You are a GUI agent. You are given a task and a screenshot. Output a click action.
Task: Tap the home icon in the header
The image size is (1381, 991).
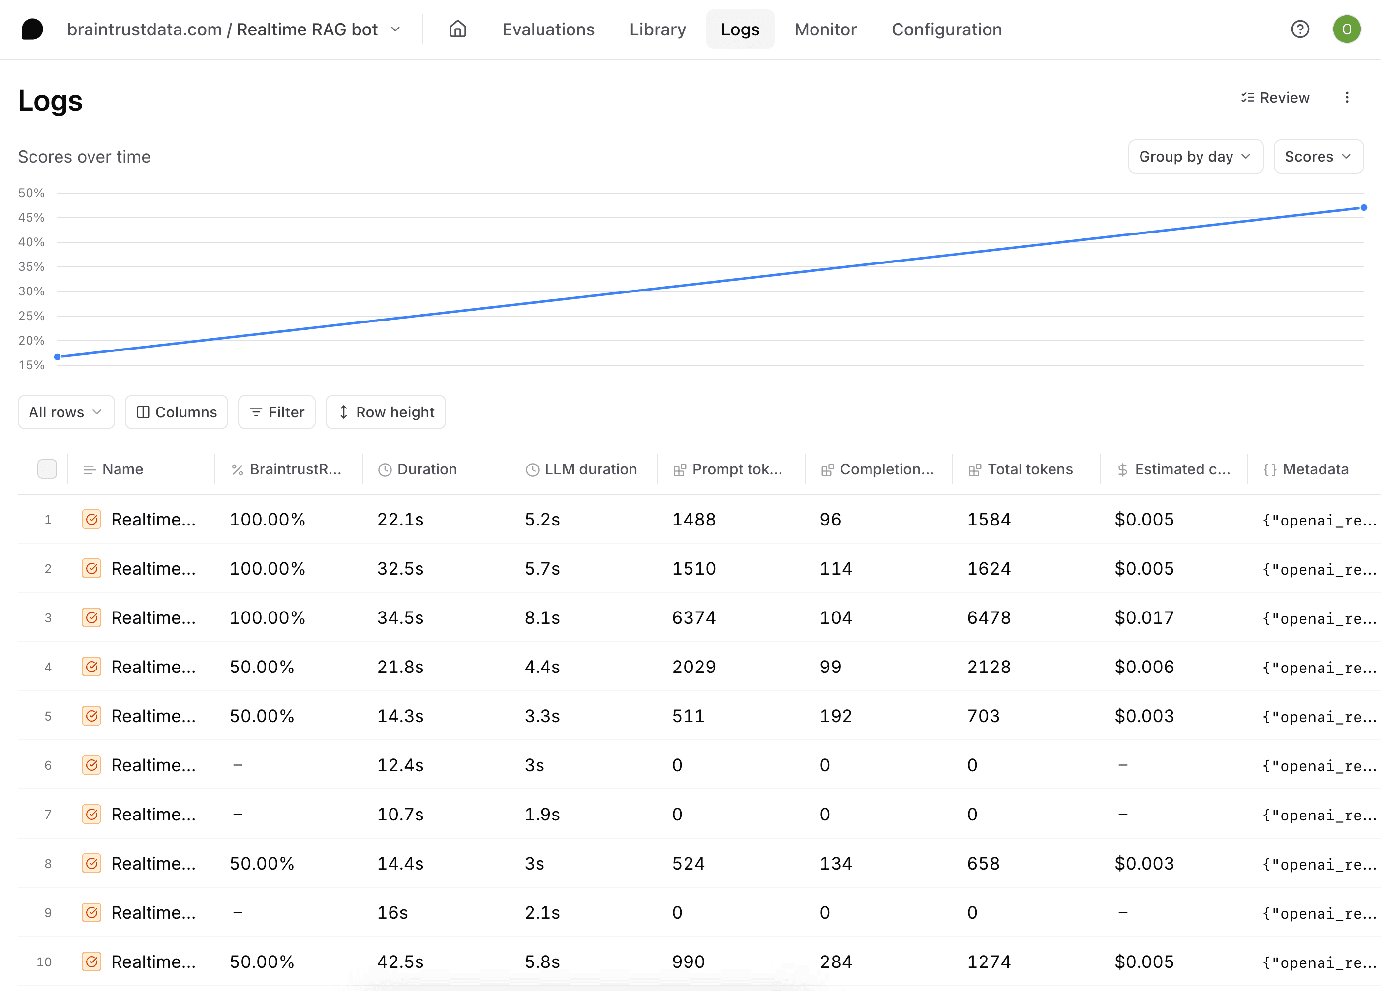[458, 29]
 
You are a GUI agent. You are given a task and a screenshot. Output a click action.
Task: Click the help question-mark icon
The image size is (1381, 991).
[1300, 29]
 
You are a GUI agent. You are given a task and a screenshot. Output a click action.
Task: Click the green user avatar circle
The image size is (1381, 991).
[1346, 29]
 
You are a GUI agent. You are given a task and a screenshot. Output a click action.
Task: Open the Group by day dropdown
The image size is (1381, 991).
[1195, 156]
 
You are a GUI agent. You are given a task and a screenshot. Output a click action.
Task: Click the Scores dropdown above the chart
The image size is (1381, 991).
[1318, 156]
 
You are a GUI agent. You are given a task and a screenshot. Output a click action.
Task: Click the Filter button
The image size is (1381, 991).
[277, 412]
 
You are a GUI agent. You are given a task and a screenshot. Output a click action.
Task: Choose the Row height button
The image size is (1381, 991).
[386, 412]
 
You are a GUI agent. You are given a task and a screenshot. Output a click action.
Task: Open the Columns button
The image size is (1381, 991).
[177, 412]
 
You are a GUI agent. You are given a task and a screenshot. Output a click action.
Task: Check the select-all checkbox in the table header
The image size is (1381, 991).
[47, 469]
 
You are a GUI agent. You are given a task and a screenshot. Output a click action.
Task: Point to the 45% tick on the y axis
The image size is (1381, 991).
[31, 217]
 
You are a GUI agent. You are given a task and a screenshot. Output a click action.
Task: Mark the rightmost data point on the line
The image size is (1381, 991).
[1364, 207]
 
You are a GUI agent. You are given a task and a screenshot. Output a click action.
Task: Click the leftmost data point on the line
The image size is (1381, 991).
[57, 357]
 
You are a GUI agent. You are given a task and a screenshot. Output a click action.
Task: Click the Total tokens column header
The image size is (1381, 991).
[1030, 469]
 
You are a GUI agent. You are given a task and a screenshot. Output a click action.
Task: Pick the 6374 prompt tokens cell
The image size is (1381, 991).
[693, 618]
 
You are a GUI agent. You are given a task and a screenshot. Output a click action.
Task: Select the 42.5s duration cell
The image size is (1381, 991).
[400, 962]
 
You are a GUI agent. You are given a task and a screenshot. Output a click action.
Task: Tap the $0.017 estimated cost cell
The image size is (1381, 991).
[1143, 618]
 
